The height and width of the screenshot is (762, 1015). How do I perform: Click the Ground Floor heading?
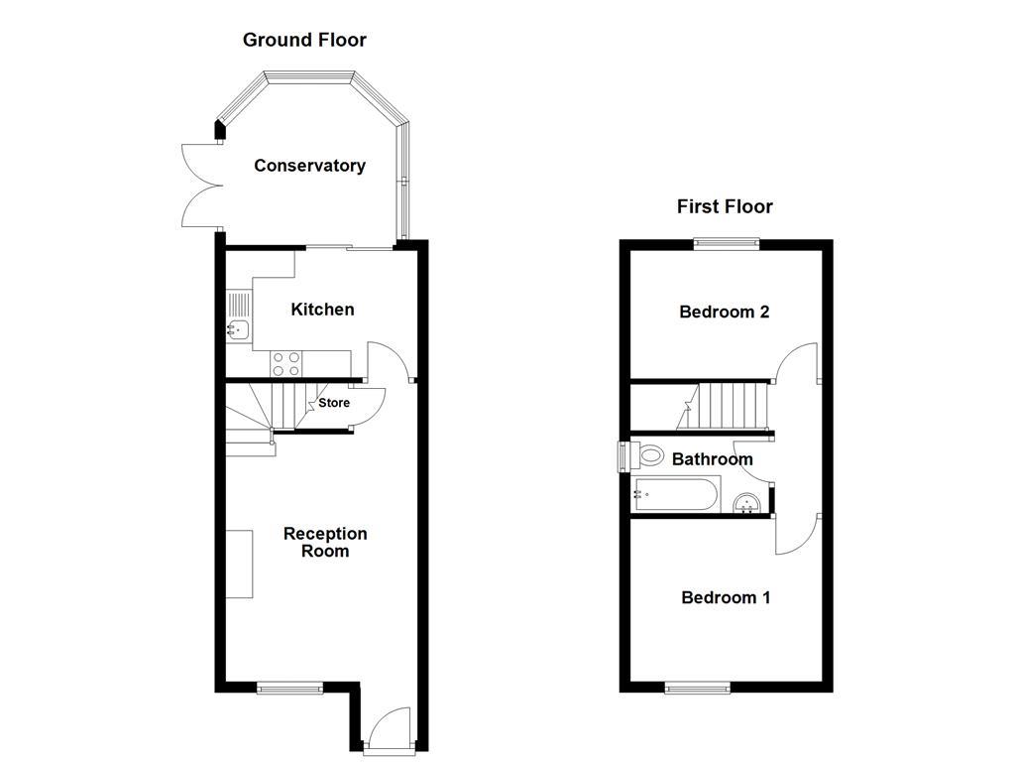tap(304, 41)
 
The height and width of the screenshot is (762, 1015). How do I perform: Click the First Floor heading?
tap(725, 207)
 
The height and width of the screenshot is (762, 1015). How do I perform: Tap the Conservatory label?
tap(309, 166)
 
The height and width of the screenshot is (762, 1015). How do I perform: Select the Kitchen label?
tap(322, 310)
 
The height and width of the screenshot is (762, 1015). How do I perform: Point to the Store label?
tap(334, 403)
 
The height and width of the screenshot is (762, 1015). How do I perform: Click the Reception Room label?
tap(325, 542)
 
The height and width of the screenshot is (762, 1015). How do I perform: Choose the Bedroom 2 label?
tap(725, 312)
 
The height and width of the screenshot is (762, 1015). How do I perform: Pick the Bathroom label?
tap(712, 459)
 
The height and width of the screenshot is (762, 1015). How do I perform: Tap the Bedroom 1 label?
tap(726, 597)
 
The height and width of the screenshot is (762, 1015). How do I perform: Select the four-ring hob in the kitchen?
tap(286, 364)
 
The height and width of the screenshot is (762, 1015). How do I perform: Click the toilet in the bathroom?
tap(649, 456)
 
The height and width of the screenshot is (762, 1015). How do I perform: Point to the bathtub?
tap(676, 494)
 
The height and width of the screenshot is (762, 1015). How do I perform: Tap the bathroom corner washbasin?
tap(748, 503)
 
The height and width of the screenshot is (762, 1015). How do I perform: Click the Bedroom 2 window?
tap(726, 242)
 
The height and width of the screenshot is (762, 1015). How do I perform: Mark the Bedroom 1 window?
tap(698, 687)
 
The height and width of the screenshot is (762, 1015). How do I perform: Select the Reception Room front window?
tap(289, 686)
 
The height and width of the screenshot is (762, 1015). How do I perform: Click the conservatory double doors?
tap(199, 187)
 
